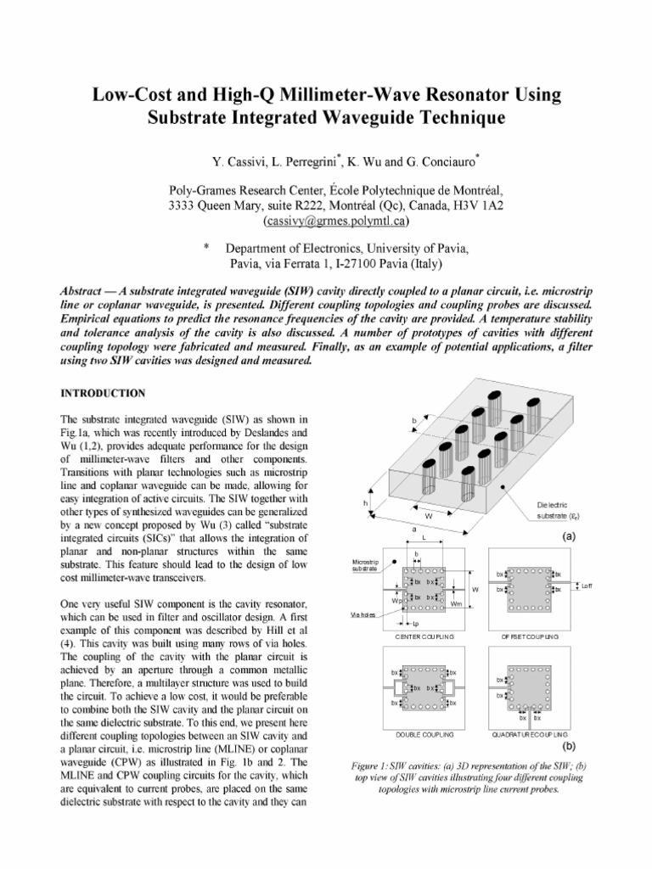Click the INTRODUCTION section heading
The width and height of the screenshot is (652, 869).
(x=103, y=393)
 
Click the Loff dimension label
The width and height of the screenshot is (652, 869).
(x=587, y=586)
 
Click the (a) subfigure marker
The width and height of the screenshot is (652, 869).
(x=569, y=536)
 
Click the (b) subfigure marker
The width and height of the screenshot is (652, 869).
(x=569, y=747)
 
